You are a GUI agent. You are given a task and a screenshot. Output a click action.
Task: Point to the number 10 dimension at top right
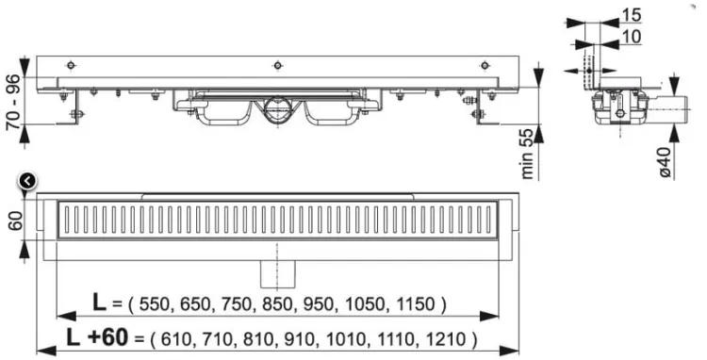tap(629, 35)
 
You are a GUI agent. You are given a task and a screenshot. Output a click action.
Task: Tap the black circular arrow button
tap(27, 181)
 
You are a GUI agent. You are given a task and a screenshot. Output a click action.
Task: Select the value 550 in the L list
tap(154, 304)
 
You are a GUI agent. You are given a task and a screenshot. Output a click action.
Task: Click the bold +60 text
tap(108, 336)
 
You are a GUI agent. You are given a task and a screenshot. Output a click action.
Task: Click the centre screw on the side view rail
tap(277, 65)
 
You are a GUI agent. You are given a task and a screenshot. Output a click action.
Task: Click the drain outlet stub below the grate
tap(278, 274)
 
